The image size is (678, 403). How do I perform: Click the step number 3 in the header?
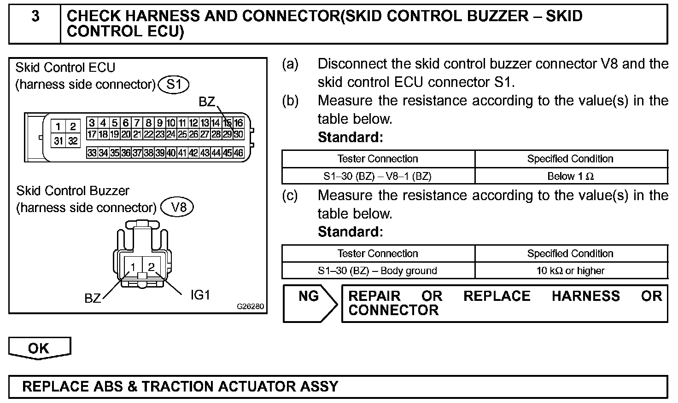(x=35, y=17)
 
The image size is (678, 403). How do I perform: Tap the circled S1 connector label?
(x=174, y=85)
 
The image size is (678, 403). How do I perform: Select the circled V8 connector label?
(x=178, y=207)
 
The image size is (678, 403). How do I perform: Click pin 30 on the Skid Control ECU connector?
(x=238, y=134)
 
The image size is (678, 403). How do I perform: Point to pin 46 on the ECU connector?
(x=238, y=153)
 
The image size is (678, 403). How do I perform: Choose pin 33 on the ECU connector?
(x=92, y=153)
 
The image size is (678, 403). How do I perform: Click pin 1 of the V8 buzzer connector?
(x=133, y=267)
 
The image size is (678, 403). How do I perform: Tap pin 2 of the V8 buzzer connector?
(x=151, y=267)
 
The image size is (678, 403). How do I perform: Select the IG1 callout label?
(x=200, y=295)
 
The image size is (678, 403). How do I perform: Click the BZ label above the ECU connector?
(x=207, y=102)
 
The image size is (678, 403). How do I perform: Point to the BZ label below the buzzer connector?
(x=93, y=299)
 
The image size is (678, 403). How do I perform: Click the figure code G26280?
(x=251, y=306)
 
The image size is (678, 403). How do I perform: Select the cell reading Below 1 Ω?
(x=570, y=176)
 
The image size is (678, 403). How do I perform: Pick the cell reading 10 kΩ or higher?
(x=570, y=271)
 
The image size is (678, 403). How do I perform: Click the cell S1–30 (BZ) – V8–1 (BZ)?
(x=378, y=176)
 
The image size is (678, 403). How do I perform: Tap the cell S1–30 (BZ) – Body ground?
(x=378, y=271)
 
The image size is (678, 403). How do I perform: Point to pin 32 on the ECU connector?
(x=73, y=141)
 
